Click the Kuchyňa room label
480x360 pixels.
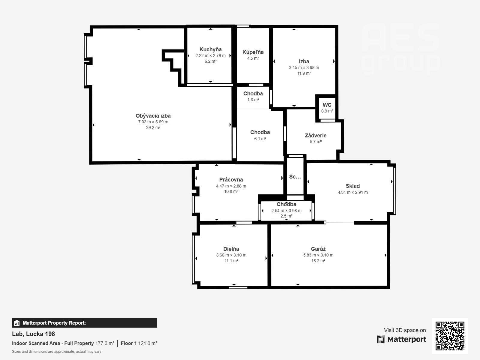pos(210,49)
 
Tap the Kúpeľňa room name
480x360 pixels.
pos(253,52)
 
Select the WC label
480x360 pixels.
pos(327,105)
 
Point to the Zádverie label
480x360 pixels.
pos(316,136)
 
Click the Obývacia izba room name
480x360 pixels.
pos(153,116)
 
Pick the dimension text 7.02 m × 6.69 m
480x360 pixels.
pos(153,122)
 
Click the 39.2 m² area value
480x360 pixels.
pos(153,128)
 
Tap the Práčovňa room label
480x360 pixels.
pos(231,180)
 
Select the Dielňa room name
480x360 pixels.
pos(231,249)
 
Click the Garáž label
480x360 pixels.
pos(318,249)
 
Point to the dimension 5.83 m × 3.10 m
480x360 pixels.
pos(318,255)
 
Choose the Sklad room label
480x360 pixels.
pos(352,186)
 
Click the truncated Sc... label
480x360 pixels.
pos(295,177)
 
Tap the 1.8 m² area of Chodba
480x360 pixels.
pos(253,100)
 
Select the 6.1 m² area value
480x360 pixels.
pos(260,139)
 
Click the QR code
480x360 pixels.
pos(450,336)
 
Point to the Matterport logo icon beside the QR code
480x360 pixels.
pos(381,339)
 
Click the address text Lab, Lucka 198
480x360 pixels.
pos(34,334)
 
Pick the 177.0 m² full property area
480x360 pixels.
pos(105,343)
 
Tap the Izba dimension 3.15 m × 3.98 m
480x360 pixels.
pos(304,67)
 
